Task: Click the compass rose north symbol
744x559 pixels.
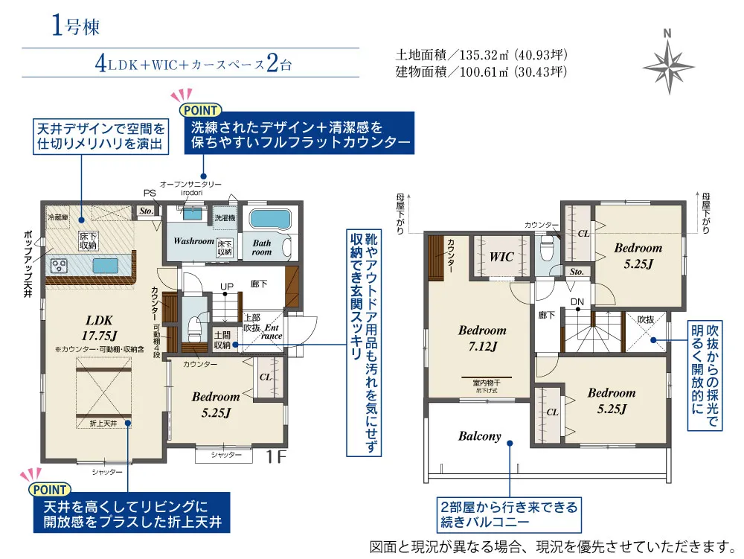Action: pyautogui.click(x=667, y=63)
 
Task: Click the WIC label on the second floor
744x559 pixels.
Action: pyautogui.click(x=502, y=257)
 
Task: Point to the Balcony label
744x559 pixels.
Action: pyautogui.click(x=479, y=436)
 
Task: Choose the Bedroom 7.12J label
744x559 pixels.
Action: pyautogui.click(x=481, y=338)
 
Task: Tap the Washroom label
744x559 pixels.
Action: pyautogui.click(x=193, y=242)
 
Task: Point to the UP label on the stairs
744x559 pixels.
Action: pyautogui.click(x=227, y=287)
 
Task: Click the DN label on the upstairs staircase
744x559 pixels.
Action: pyautogui.click(x=577, y=301)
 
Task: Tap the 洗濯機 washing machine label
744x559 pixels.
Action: pyautogui.click(x=224, y=219)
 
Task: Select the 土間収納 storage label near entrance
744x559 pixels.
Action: pyautogui.click(x=222, y=340)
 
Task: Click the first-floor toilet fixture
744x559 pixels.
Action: pyautogui.click(x=194, y=325)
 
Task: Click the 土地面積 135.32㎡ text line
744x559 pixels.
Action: pyautogui.click(x=481, y=55)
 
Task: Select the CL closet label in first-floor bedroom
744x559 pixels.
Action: pyautogui.click(x=265, y=377)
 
